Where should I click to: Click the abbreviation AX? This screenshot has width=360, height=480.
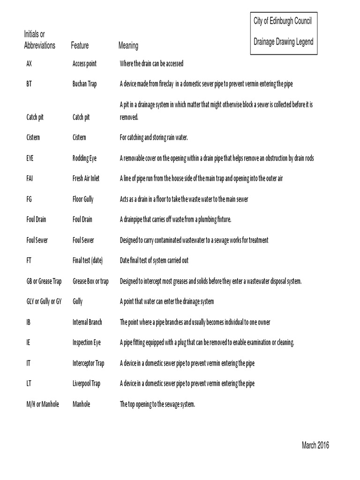[x=29, y=64]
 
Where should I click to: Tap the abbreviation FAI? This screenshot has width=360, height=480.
[x=30, y=179]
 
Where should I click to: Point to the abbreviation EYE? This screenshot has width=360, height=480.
[x=30, y=158]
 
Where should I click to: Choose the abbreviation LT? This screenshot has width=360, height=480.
[x=29, y=383]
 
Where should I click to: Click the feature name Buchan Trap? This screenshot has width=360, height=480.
[x=84, y=84]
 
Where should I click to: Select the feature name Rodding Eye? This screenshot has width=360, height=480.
[x=84, y=158]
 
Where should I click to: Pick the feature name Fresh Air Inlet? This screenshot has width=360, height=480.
[x=86, y=179]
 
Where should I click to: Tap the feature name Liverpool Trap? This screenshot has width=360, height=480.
[x=86, y=383]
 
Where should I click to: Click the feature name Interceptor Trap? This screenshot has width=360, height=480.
[x=88, y=363]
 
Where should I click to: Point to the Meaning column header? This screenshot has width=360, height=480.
[x=128, y=46]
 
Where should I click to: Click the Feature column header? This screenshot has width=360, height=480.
[x=80, y=46]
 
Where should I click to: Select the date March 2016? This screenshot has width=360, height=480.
[x=315, y=445]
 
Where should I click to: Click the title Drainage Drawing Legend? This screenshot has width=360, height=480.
[x=284, y=42]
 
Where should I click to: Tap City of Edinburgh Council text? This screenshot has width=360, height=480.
[x=283, y=21]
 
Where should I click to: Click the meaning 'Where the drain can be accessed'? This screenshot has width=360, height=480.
[x=151, y=64]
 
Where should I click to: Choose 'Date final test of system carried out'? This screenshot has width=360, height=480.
[x=154, y=260]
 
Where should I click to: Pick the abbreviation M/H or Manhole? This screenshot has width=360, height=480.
[x=43, y=404]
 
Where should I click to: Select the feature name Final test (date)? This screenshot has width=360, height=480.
[x=88, y=260]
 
